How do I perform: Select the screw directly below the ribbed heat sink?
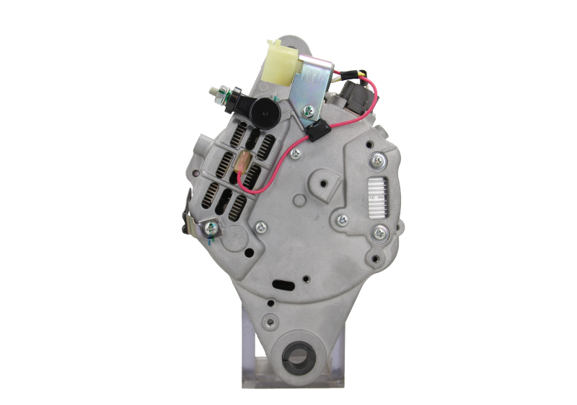coord(380,232)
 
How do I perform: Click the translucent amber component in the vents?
coord(242,166)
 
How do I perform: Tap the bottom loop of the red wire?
coord(249,193)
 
